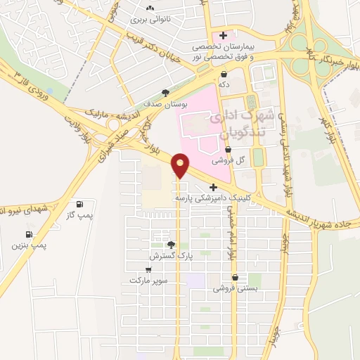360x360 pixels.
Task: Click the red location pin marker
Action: pyautogui.click(x=181, y=165)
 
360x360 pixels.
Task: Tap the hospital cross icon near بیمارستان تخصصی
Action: pyautogui.click(x=223, y=35)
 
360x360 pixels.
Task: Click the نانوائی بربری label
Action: pyautogui.click(x=150, y=21)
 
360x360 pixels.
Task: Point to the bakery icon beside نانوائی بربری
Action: pyautogui.click(x=150, y=9)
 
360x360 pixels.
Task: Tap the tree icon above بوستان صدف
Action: pyautogui.click(x=166, y=92)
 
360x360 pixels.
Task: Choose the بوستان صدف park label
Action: pyautogui.click(x=167, y=104)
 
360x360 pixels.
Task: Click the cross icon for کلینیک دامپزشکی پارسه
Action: pyautogui.click(x=213, y=187)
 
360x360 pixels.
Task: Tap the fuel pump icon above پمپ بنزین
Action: pyautogui.click(x=29, y=234)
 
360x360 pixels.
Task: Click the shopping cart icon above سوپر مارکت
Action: pyautogui.click(x=148, y=269)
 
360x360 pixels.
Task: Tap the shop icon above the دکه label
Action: pyautogui.click(x=224, y=74)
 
